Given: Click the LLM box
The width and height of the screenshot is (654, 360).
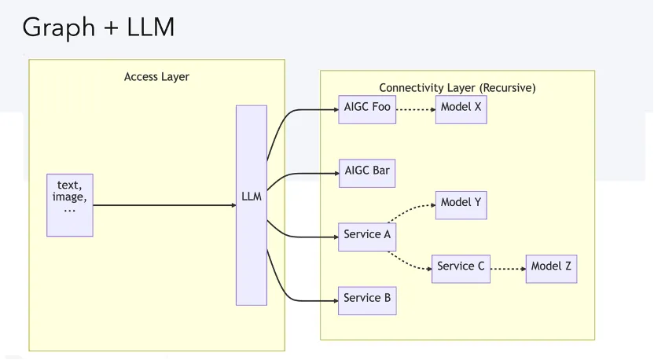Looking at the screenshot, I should (x=252, y=204).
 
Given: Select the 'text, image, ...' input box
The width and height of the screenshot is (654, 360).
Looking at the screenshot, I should (x=70, y=205).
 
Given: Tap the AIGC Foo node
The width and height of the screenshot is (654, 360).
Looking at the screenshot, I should (x=366, y=108).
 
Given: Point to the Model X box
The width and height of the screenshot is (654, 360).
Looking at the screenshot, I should (x=461, y=108).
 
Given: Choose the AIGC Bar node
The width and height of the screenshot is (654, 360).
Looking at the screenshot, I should (x=366, y=172).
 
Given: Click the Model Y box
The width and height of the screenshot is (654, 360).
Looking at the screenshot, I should (x=461, y=204).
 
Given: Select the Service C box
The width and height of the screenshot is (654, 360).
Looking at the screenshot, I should (x=461, y=267).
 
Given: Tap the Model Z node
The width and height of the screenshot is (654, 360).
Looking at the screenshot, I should (x=551, y=267).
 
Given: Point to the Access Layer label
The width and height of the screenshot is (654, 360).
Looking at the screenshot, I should (x=157, y=77).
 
